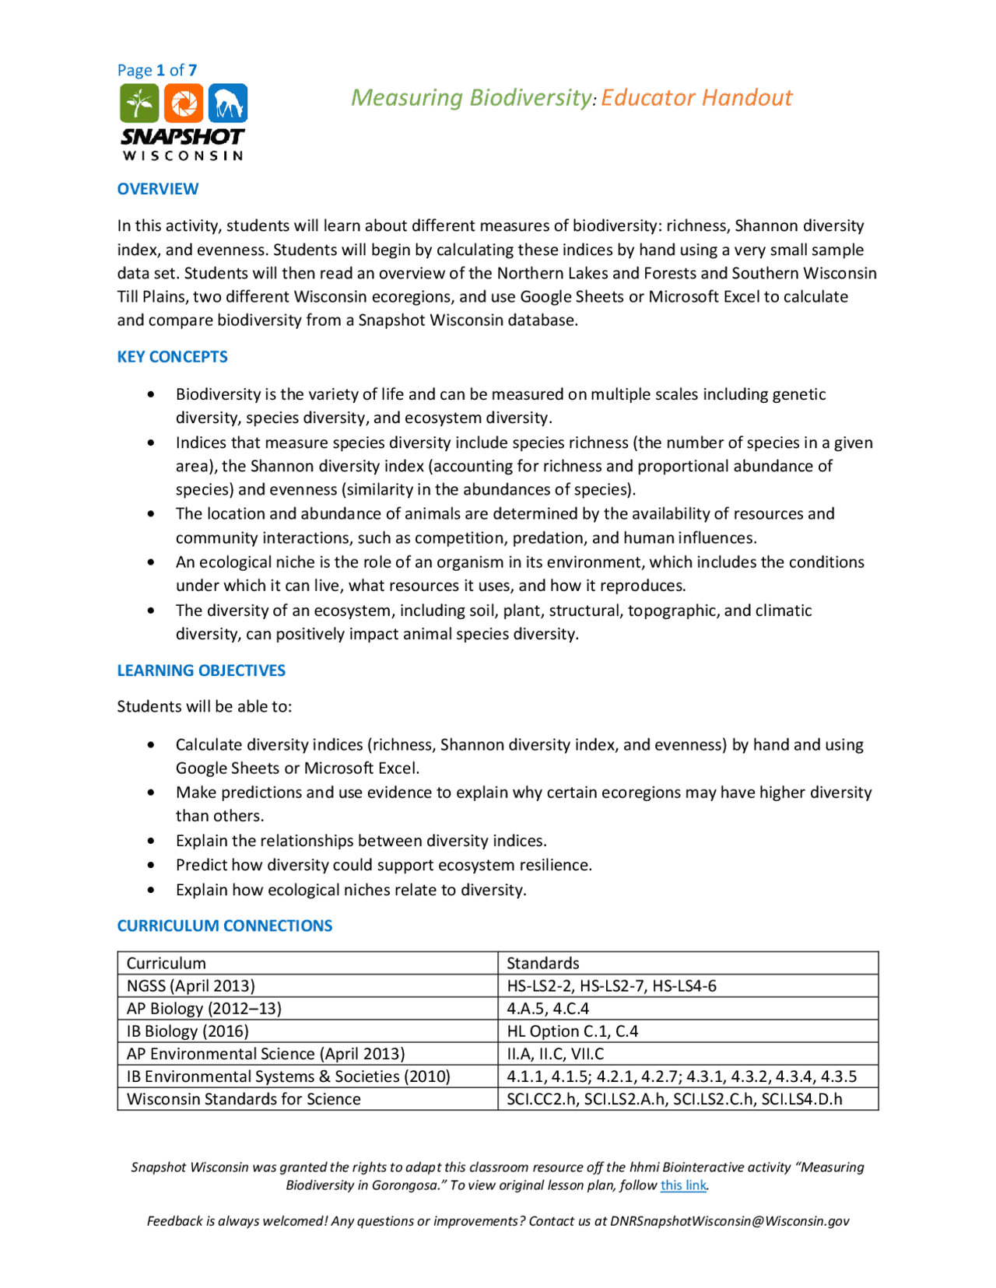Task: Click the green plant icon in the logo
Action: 139,103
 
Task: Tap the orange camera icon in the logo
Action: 184,103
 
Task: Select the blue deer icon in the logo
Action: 228,103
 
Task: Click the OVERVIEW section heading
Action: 158,189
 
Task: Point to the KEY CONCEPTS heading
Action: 172,357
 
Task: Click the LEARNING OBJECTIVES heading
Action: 201,670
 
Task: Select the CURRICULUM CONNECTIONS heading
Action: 224,926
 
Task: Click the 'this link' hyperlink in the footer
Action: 683,1185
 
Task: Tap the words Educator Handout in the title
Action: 696,98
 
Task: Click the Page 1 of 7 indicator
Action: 156,70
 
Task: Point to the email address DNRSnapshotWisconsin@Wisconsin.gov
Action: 729,1221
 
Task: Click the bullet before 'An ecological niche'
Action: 151,562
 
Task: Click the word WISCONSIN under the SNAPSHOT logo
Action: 183,156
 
